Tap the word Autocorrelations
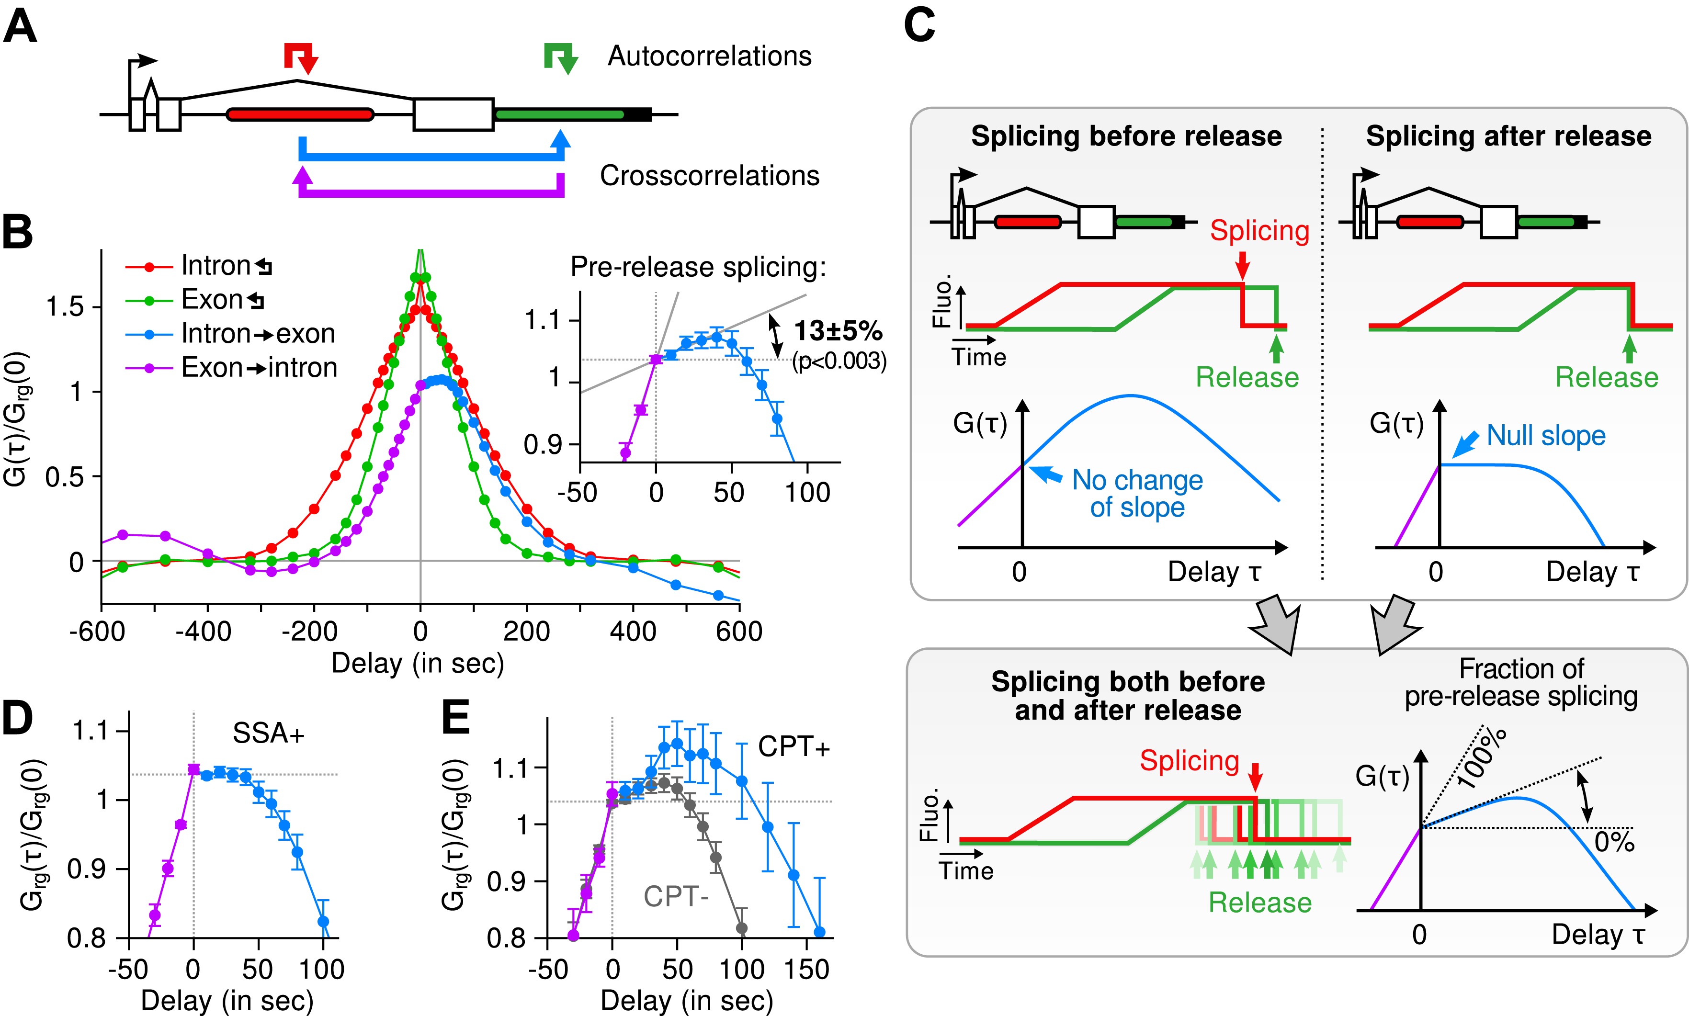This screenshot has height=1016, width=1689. click(709, 56)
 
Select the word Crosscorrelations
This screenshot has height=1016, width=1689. click(709, 176)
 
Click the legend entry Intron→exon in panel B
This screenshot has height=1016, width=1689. click(258, 334)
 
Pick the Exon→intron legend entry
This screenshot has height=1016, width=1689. click(259, 368)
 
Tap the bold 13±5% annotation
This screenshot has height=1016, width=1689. click(838, 331)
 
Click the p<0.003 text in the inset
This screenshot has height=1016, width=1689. click(839, 361)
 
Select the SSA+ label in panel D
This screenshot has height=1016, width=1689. click(268, 734)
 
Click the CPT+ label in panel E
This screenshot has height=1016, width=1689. click(794, 747)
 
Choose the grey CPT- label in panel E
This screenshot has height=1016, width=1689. click(676, 896)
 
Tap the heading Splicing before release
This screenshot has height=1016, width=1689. click(1126, 136)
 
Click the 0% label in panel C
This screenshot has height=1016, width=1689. click(1614, 841)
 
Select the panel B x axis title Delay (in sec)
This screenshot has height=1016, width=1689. click(418, 664)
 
